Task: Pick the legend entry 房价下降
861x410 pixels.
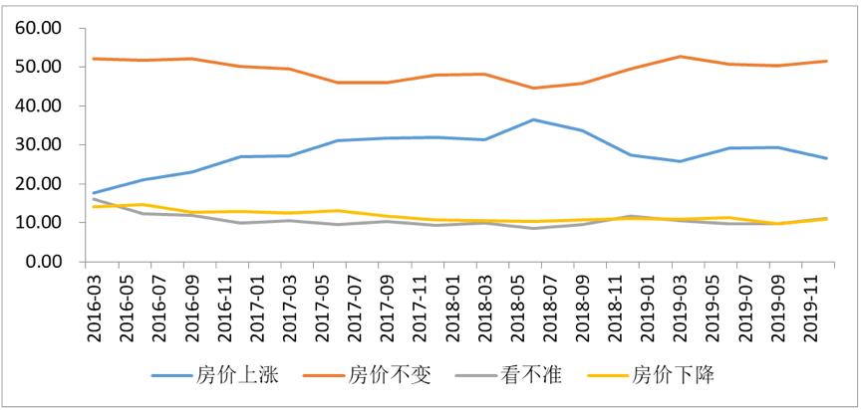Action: [x=671, y=375]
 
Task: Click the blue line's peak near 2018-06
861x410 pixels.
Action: [x=534, y=119]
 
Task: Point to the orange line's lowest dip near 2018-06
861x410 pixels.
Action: [x=534, y=88]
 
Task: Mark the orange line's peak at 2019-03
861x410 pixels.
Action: [x=681, y=56]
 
